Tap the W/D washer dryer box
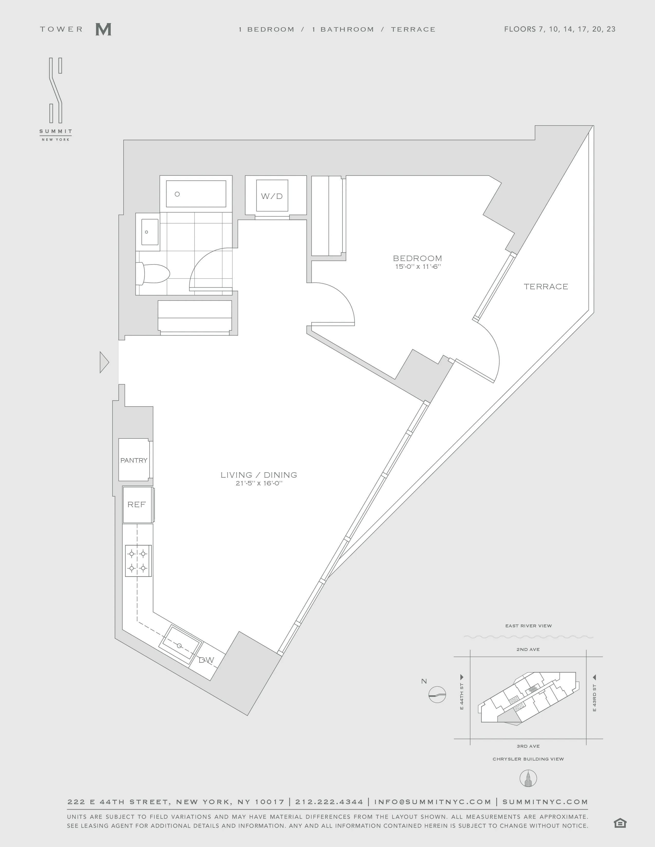pyautogui.click(x=272, y=196)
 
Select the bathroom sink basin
pyautogui.click(x=150, y=232)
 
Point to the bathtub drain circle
pyautogui.click(x=177, y=194)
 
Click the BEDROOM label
pyautogui.click(x=417, y=258)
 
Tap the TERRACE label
pyautogui.click(x=546, y=287)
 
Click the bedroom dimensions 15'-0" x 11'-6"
pyautogui.click(x=418, y=267)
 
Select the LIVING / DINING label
pyautogui.click(x=259, y=475)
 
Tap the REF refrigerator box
pyautogui.click(x=137, y=505)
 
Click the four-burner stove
pyautogui.click(x=138, y=561)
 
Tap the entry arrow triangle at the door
pyautogui.click(x=104, y=362)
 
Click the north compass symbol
pyautogui.click(x=437, y=694)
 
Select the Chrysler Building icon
pyautogui.click(x=528, y=778)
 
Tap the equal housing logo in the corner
pyautogui.click(x=620, y=823)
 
